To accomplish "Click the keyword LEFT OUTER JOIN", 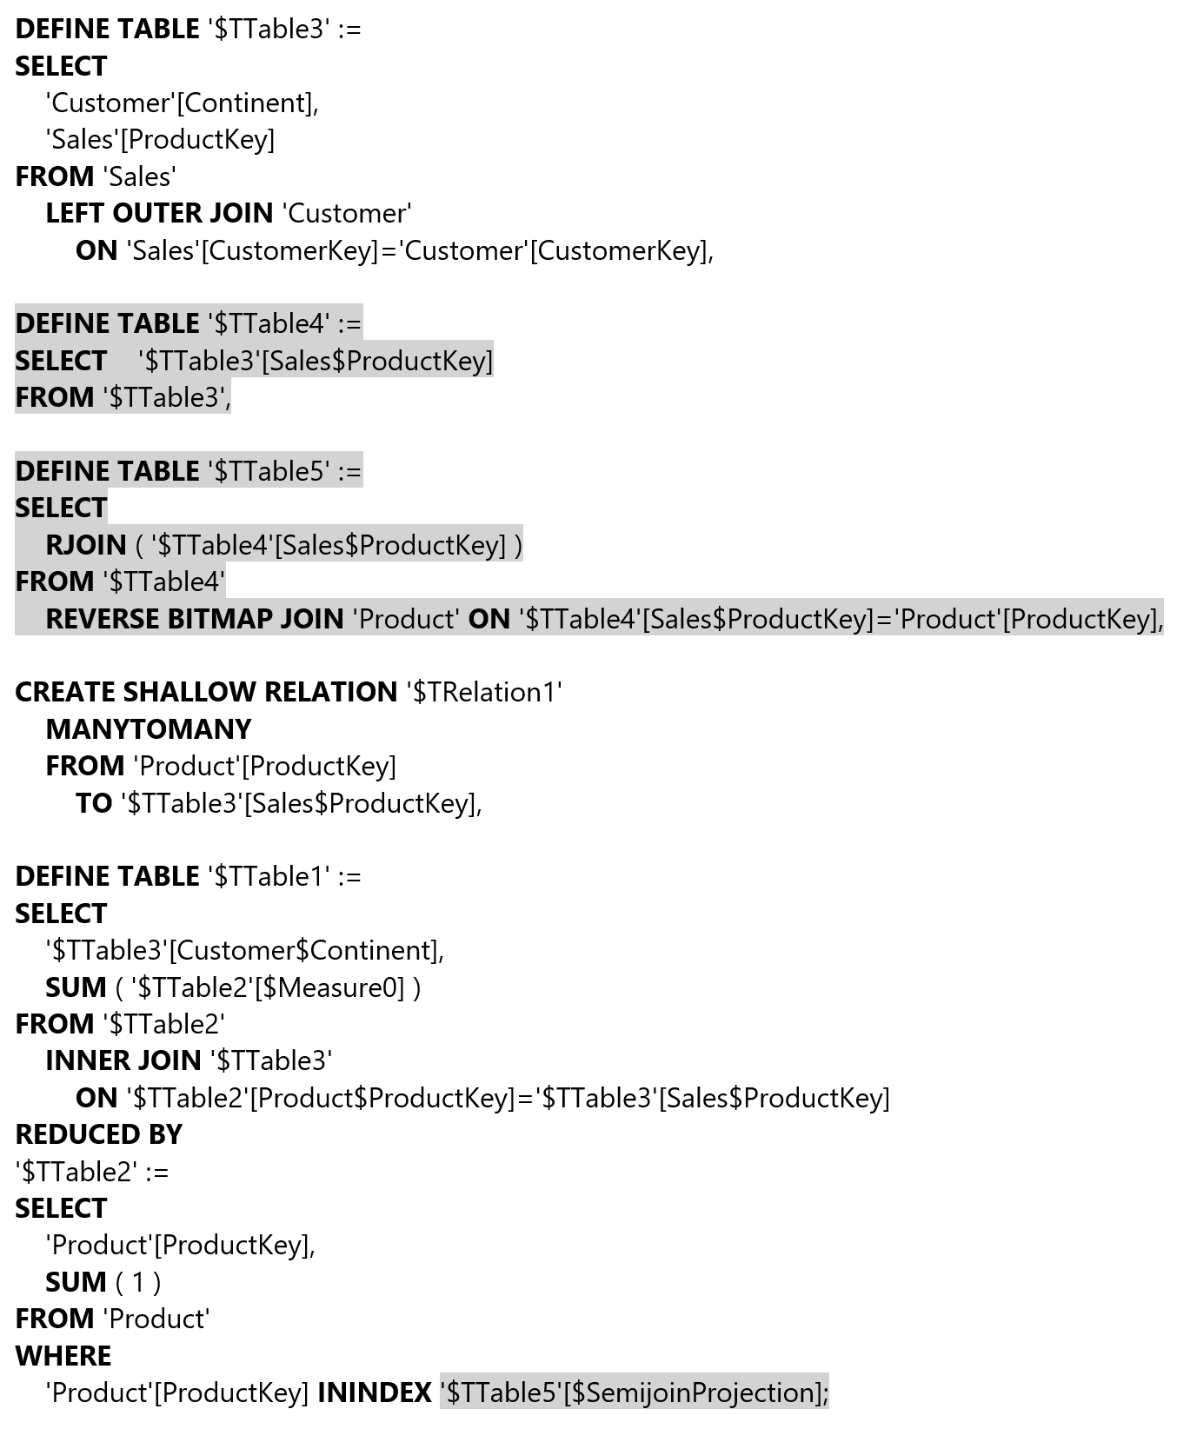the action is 159,213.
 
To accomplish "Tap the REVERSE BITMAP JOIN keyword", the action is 195,619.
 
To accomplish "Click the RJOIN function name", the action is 86,545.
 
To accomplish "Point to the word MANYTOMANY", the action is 149,729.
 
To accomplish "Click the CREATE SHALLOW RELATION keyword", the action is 206,692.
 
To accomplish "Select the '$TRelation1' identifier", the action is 485,692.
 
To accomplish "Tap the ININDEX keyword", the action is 375,1392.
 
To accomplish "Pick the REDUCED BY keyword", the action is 99,1134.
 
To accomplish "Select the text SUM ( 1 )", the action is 103,1282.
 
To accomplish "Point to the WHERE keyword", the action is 63,1356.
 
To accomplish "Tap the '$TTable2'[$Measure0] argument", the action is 268,987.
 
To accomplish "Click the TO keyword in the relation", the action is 94,803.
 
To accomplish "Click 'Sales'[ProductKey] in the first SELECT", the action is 160,139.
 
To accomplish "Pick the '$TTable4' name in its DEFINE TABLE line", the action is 269,323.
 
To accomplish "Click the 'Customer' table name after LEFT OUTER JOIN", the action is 347,213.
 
